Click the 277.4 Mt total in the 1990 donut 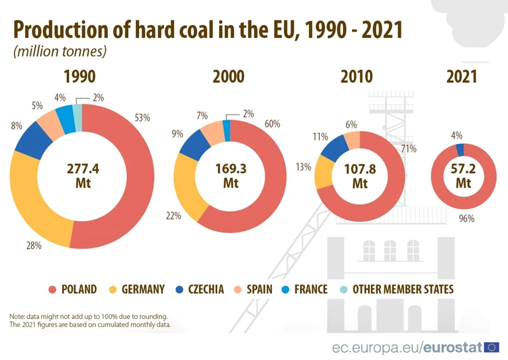tap(83, 176)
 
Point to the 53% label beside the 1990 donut tap(142, 118)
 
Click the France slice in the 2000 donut tap(227, 131)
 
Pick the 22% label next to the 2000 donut tap(174, 216)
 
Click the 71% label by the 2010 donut tap(409, 149)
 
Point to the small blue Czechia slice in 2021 tap(460, 150)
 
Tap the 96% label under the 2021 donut tap(467, 218)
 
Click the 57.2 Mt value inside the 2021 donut tap(463, 176)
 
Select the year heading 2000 tap(229, 77)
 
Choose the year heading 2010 tap(356, 77)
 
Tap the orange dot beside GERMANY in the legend tap(113, 289)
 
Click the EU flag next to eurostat tap(492, 348)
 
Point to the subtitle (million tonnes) tap(60, 51)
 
